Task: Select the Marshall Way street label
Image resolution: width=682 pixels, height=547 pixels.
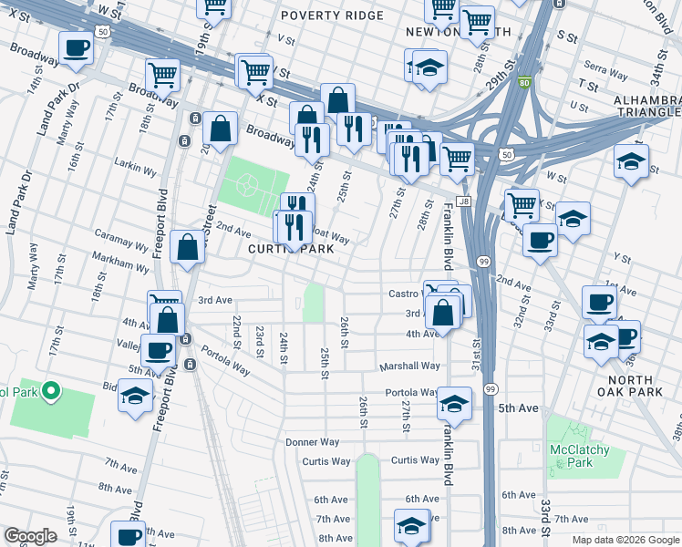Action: coord(410,366)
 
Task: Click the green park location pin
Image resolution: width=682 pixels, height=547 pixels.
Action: coord(50,393)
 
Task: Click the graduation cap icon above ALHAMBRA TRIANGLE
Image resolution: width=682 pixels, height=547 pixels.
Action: coord(631,161)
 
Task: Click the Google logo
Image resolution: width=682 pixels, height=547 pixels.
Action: coord(31,536)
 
